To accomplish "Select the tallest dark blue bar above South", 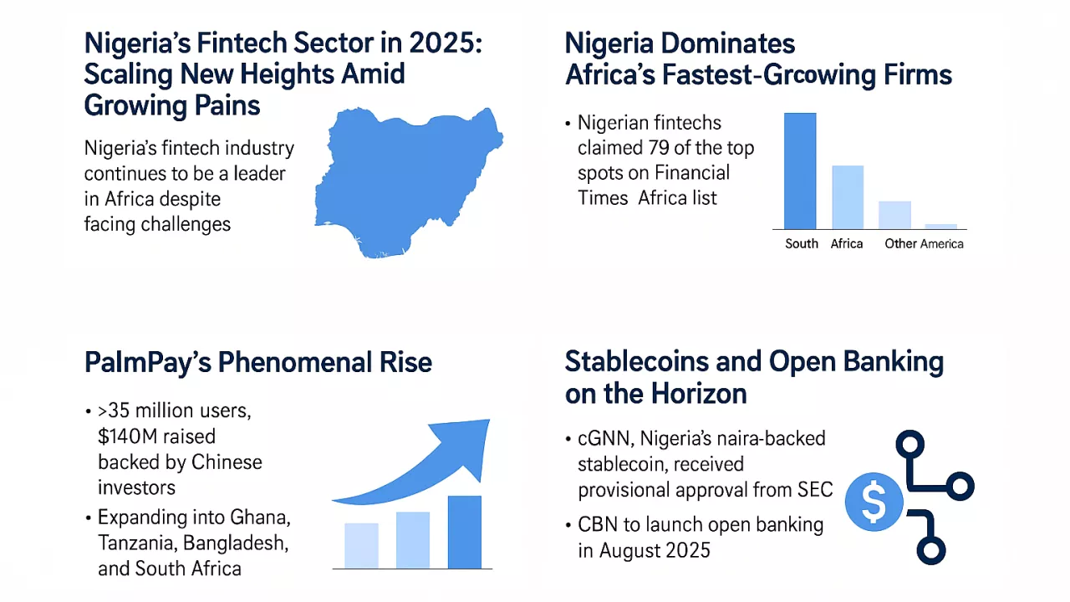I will (800, 171).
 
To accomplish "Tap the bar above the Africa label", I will (847, 197).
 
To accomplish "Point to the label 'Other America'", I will (924, 244).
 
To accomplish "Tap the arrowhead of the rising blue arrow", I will (468, 442).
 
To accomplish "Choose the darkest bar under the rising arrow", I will (465, 532).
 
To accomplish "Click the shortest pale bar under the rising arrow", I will (361, 545).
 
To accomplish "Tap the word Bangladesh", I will (237, 543).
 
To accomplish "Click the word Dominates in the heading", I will (728, 43).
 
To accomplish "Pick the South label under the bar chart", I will (802, 244).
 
